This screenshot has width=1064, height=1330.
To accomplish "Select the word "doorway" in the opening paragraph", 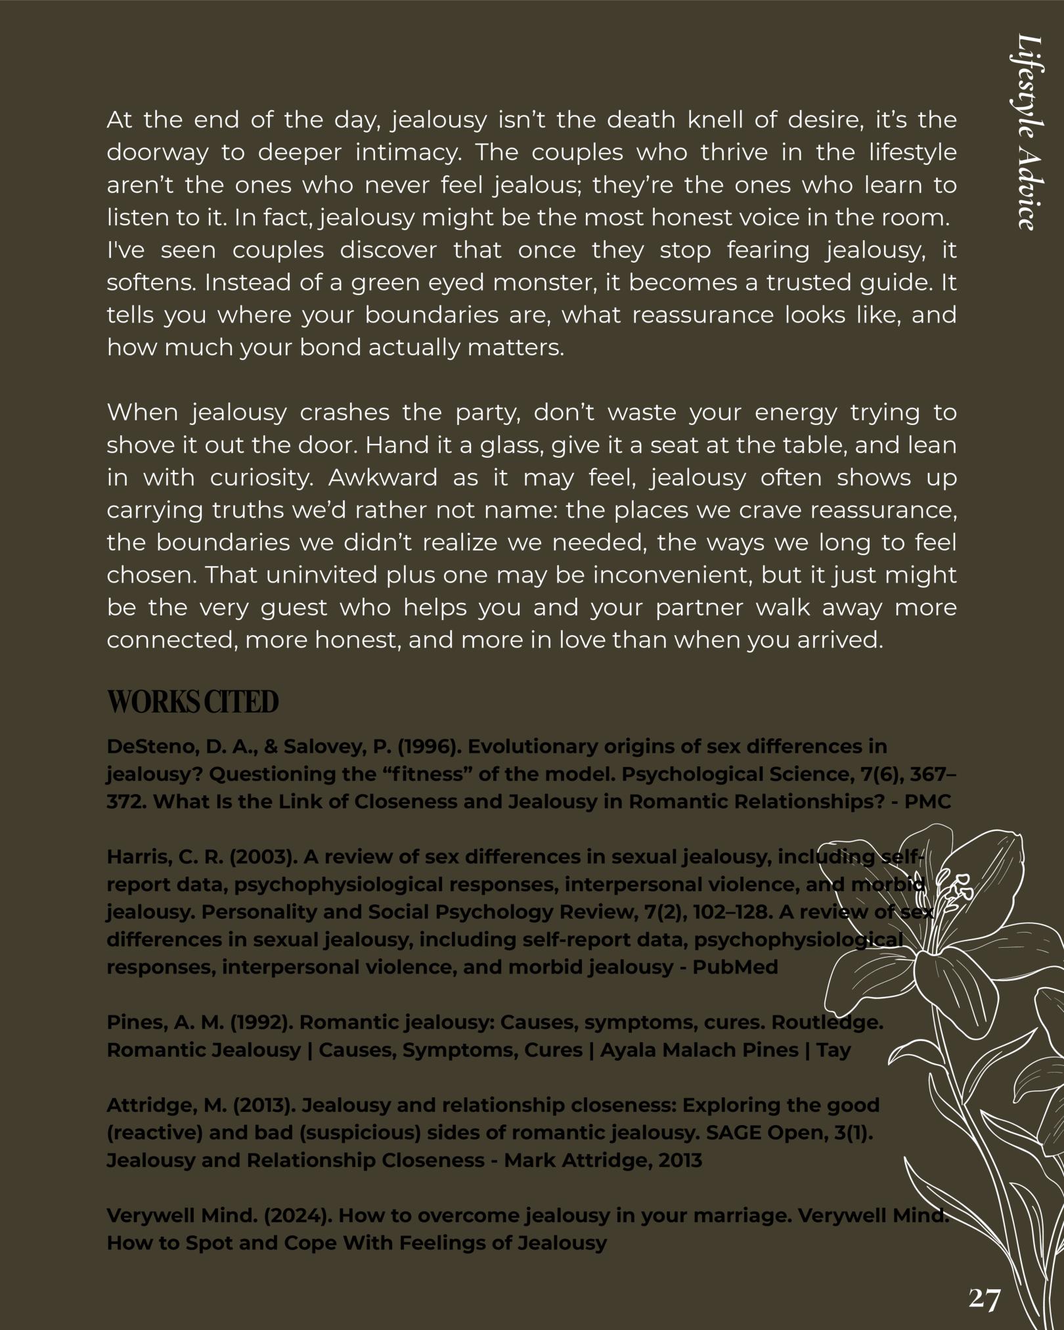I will (x=157, y=153).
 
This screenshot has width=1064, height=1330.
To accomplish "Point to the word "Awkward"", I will (x=382, y=478).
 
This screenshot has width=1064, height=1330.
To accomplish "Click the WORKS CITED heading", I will (x=192, y=701).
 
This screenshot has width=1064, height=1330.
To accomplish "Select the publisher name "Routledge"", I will (x=826, y=1023).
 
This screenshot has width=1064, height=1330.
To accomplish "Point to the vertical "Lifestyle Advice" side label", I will (x=1026, y=131).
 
